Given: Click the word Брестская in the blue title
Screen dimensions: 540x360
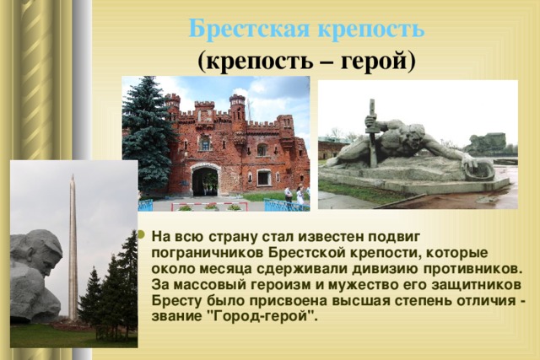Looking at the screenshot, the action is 250,29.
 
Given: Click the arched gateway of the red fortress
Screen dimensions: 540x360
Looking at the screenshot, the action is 205,180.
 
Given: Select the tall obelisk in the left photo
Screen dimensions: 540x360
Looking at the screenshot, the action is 73,248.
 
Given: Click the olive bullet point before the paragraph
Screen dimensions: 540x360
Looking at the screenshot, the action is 141,234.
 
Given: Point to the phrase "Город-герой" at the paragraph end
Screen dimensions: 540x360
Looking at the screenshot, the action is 264,316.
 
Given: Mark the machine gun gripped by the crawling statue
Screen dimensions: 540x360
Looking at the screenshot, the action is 372,133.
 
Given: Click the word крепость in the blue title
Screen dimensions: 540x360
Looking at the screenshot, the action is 371,30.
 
